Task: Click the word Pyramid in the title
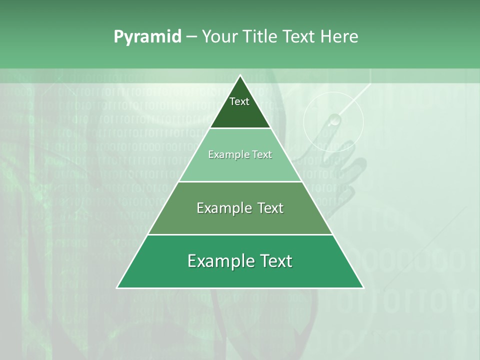pos(147,36)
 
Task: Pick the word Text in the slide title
pos(298,36)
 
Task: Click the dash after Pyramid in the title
pos(191,37)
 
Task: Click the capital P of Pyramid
pos(118,36)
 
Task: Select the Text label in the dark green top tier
pos(239,101)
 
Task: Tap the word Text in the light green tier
pos(262,154)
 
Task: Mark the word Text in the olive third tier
pos(270,208)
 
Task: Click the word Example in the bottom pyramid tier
pos(220,261)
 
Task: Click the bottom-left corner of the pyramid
pos(117,287)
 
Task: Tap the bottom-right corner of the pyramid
pos(363,287)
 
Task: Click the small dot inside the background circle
pos(333,120)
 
